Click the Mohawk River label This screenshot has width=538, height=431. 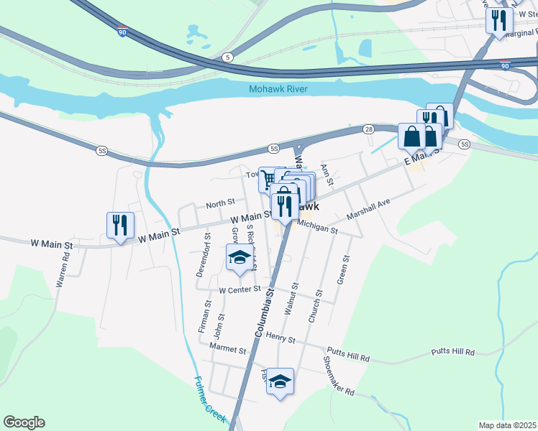click(x=278, y=89)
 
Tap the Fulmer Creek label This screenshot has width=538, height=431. click(x=210, y=399)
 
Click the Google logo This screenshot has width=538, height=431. click(x=24, y=422)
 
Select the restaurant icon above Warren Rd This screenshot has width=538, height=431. click(x=119, y=225)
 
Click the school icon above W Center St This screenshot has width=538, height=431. click(x=240, y=258)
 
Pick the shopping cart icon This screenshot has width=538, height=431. click(x=268, y=178)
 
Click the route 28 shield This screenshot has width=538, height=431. click(x=368, y=128)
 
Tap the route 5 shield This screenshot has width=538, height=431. click(x=228, y=57)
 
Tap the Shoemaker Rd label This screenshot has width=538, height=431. click(x=338, y=381)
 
